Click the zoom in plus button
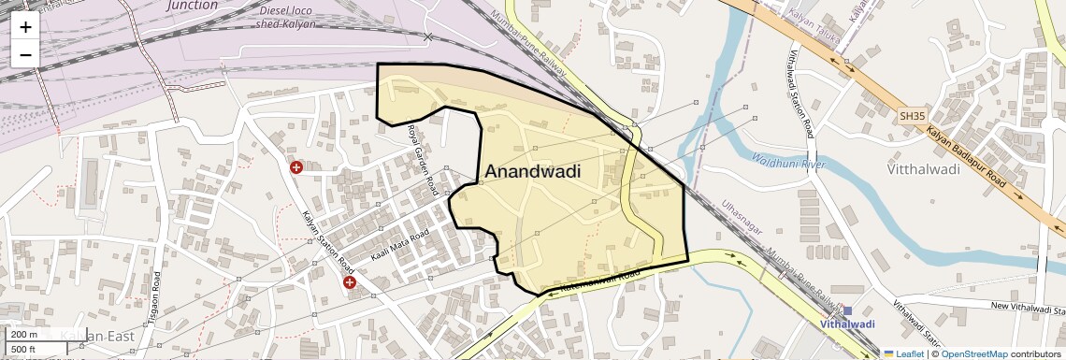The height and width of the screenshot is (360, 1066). tap(25, 26)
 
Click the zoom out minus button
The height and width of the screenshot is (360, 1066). tap(25, 54)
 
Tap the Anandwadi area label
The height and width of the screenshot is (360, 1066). tap(532, 172)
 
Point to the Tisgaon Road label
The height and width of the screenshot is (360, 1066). tap(158, 297)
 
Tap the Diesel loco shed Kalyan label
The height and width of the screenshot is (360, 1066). tap(286, 17)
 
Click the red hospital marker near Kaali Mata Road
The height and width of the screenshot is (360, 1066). tap(350, 281)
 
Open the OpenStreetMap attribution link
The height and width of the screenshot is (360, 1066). tap(973, 353)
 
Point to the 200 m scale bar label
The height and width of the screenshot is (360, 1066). tap(24, 335)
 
